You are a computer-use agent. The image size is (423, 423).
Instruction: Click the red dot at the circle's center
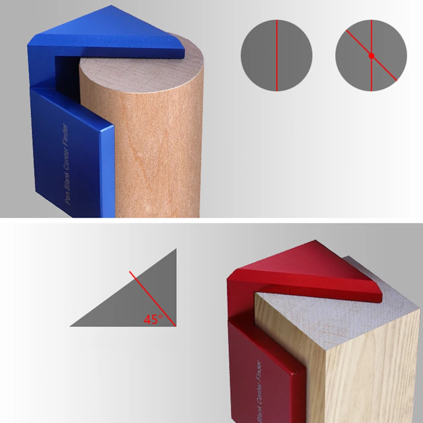[x=371, y=56]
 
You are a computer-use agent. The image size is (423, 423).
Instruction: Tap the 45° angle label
[x=153, y=319]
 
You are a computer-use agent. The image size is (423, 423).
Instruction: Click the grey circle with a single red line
[x=276, y=55]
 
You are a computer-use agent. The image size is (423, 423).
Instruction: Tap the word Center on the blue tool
[x=66, y=160]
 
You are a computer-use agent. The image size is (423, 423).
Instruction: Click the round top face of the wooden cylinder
[x=146, y=70]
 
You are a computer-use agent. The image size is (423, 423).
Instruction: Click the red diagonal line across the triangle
[x=153, y=299]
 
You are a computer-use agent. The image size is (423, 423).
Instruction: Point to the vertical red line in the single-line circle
[x=277, y=55]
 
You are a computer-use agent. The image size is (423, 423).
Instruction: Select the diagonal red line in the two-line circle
[x=371, y=55]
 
